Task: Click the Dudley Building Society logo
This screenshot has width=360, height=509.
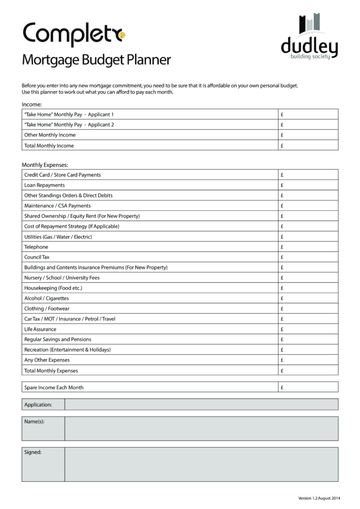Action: pyautogui.click(x=309, y=37)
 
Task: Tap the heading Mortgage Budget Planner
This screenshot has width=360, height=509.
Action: pyautogui.click(x=96, y=60)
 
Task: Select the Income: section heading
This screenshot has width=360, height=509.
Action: pyautogui.click(x=31, y=104)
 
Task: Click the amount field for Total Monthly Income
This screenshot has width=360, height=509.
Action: pyautogui.click(x=308, y=145)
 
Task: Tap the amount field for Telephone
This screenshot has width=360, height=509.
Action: pyautogui.click(x=308, y=247)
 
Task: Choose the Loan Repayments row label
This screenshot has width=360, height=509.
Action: pyautogui.click(x=45, y=185)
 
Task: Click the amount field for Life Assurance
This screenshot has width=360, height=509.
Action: pyautogui.click(x=308, y=329)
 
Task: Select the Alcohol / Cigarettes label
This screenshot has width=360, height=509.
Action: pyautogui.click(x=46, y=298)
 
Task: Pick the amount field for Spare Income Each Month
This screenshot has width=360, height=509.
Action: pyautogui.click(x=308, y=387)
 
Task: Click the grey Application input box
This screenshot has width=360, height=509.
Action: pyautogui.click(x=201, y=405)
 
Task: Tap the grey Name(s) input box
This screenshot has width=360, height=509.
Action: pyautogui.click(x=201, y=428)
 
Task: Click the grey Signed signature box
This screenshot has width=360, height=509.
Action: pyautogui.click(x=201, y=464)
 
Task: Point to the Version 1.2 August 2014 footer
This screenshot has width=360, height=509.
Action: pyautogui.click(x=319, y=497)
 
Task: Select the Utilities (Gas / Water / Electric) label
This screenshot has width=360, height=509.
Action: pyautogui.click(x=58, y=237)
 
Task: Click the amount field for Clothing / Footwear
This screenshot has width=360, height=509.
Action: pyautogui.click(x=308, y=309)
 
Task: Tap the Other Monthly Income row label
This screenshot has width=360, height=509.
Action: pyautogui.click(x=50, y=135)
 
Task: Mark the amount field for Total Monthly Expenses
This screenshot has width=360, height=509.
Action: pyautogui.click(x=308, y=370)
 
